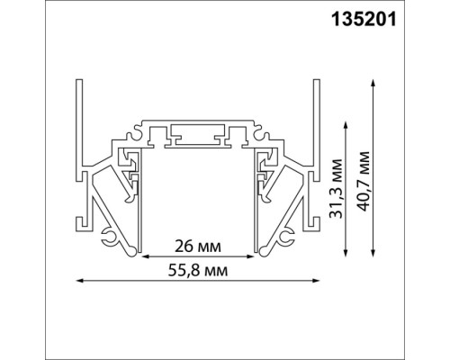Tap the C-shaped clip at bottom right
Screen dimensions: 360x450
288,238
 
